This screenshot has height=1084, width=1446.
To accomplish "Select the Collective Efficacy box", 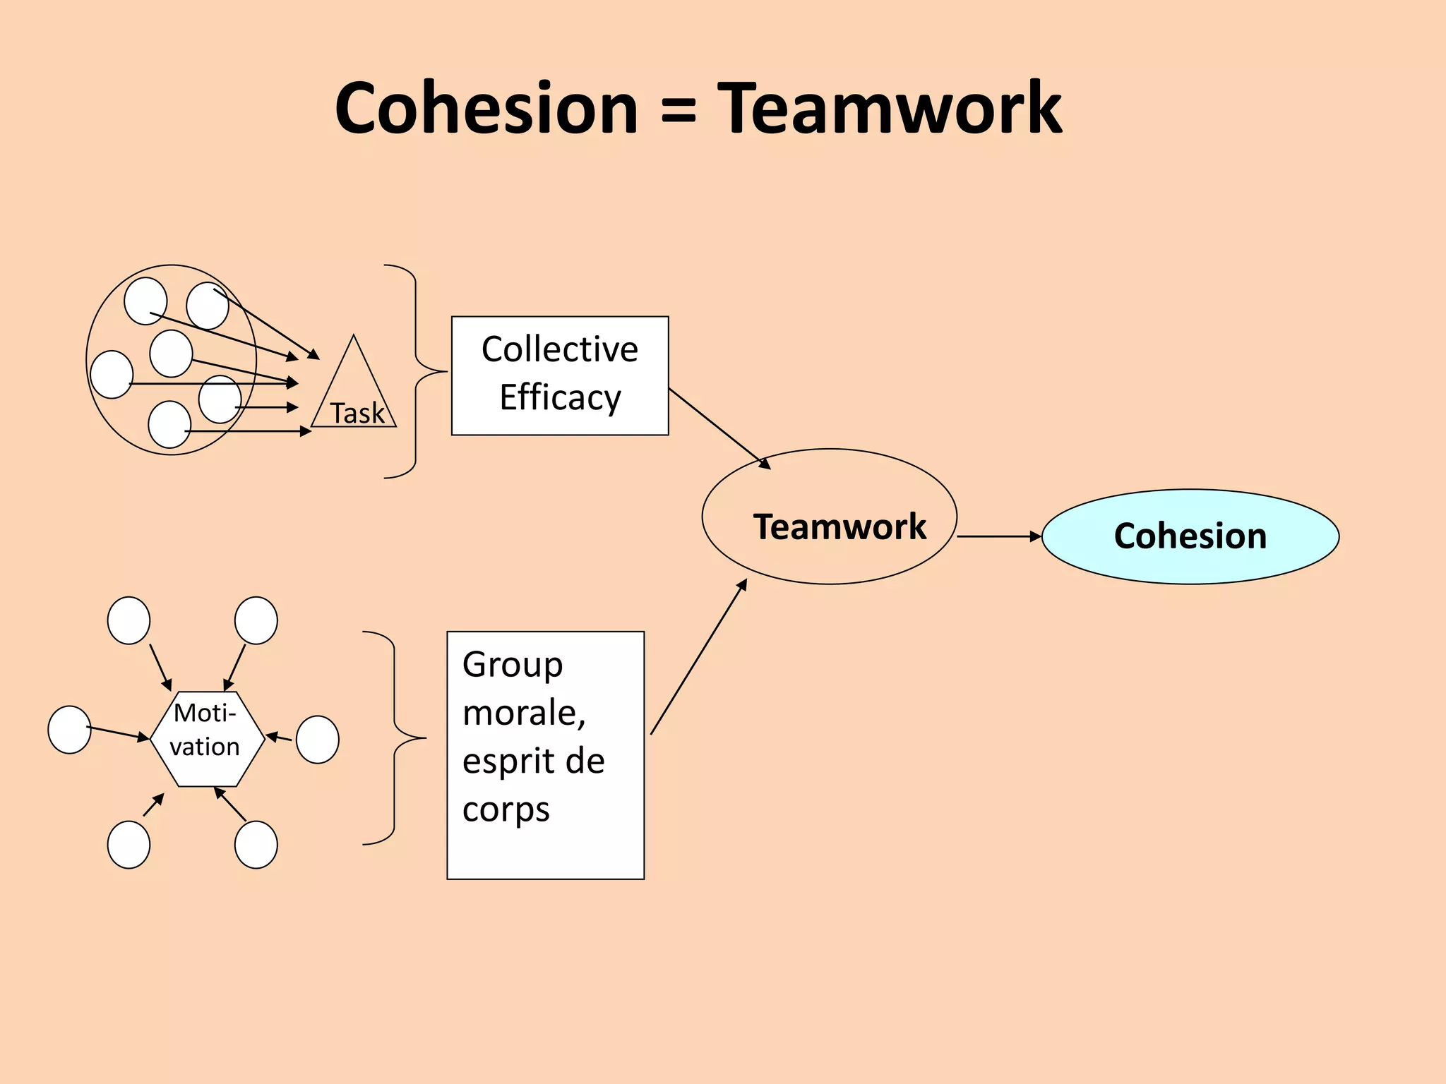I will coord(559,375).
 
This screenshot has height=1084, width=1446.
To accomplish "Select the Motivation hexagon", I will coord(207,738).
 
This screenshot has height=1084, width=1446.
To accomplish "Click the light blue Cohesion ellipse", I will coord(1190,536).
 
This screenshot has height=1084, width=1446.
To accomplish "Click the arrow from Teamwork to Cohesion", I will coord(998,536).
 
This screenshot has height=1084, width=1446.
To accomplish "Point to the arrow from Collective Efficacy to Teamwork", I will coord(718,428).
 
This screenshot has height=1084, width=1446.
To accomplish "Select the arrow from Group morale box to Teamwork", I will coord(698,658).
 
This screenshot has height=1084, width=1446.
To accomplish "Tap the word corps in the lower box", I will coord(506,810).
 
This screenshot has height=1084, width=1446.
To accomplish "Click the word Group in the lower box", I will coord(513,665).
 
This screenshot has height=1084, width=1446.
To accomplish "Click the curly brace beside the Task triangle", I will coord(415,371).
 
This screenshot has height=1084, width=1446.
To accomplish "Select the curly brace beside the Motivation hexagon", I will coord(394,737).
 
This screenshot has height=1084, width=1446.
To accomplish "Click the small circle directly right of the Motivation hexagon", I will coord(317,739).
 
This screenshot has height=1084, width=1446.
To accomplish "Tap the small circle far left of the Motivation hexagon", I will coord(69,729).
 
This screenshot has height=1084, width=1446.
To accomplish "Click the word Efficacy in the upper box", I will coord(560,397).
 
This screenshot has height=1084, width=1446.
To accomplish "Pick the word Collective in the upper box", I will coord(560,349).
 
